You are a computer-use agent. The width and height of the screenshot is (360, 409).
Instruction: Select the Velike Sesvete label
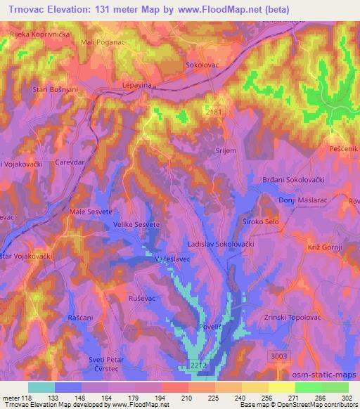pyautogui.click(x=134, y=225)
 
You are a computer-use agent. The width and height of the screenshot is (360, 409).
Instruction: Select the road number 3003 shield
pyautogui.click(x=280, y=356)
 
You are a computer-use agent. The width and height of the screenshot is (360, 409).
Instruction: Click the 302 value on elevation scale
pyautogui.click(x=347, y=398)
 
